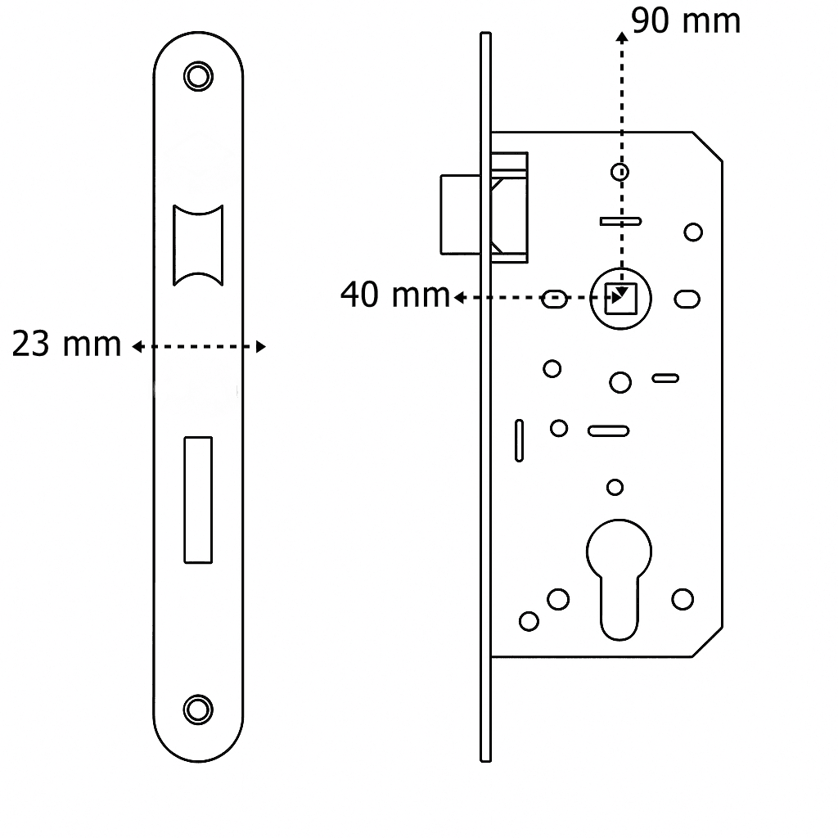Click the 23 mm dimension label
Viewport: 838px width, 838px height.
tap(66, 345)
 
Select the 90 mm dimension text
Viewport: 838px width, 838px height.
tap(686, 21)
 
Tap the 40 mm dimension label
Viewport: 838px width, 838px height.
tap(394, 295)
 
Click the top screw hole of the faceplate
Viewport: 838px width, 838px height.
tap(197, 76)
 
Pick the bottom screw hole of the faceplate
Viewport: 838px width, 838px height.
tap(197, 709)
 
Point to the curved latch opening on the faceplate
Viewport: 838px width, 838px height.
tap(198, 245)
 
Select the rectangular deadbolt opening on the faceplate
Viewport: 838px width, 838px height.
tap(198, 499)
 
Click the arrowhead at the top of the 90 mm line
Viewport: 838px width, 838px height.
tap(622, 38)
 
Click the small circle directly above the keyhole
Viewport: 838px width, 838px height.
tap(615, 488)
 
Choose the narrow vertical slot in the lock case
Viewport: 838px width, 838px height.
tap(519, 440)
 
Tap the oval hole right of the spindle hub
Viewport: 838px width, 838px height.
tap(687, 299)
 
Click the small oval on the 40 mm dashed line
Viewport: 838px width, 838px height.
tap(554, 299)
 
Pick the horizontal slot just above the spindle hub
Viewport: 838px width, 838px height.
tap(620, 221)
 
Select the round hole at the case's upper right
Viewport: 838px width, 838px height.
tap(693, 232)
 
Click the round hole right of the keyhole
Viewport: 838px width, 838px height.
tap(683, 599)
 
